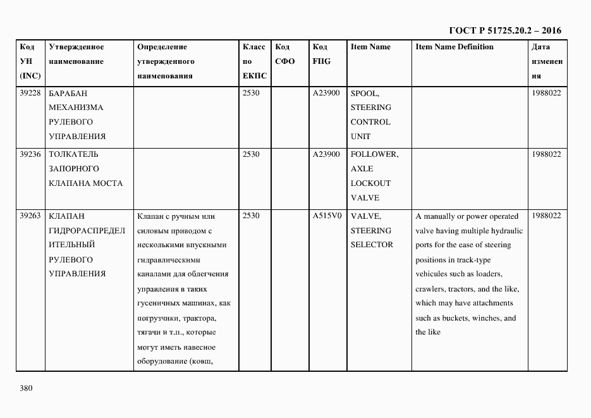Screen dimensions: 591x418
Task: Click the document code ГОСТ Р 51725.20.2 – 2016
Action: (x=505, y=30)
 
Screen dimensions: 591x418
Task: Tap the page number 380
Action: (x=26, y=388)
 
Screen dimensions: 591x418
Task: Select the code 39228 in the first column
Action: (x=30, y=93)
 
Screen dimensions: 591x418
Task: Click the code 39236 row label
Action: (x=30, y=154)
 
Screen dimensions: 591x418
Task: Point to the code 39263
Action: (x=30, y=216)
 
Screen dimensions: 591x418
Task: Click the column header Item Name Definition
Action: (x=454, y=47)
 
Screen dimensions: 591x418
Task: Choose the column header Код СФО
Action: (x=286, y=54)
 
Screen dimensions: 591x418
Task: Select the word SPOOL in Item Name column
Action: (x=365, y=93)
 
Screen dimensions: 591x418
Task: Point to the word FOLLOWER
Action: (x=374, y=154)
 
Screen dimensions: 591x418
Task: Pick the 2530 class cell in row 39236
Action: (x=251, y=154)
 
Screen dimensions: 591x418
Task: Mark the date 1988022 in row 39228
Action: (x=547, y=93)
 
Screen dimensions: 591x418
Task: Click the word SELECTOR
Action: (x=372, y=245)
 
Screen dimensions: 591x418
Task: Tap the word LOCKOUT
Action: (x=371, y=183)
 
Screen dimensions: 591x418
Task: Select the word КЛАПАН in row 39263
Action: (x=66, y=216)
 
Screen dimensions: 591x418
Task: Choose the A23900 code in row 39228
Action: (x=326, y=93)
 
